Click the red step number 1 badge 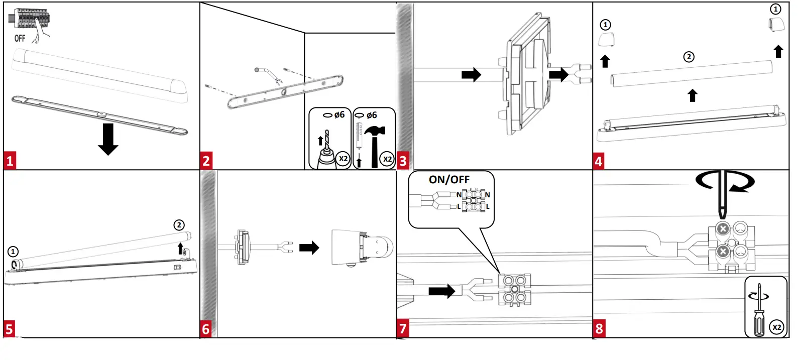10,161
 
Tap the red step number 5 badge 10,329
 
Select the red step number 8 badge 599,329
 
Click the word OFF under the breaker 20,38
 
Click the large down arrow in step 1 108,139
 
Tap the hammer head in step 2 375,132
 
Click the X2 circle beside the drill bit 343,159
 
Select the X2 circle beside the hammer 387,159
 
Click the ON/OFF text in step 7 449,180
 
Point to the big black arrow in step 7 441,291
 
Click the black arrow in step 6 309,248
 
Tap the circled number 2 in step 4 689,57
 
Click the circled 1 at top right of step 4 775,9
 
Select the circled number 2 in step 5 179,225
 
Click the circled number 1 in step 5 13,252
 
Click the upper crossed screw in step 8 722,229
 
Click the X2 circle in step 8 776,327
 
